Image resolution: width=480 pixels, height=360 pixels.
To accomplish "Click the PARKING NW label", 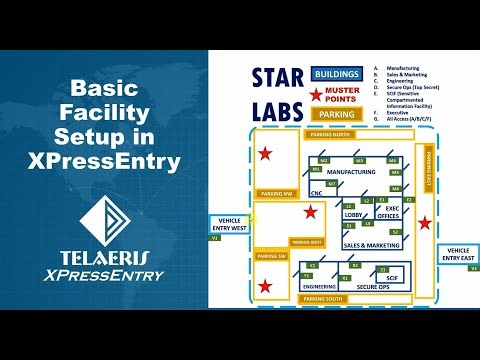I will coord(275,193).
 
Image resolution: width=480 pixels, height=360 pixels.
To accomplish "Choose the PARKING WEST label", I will coord(306,242).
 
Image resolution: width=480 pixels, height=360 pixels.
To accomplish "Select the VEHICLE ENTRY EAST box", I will coord(459,253).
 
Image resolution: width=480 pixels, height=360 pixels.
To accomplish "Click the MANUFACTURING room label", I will coord(351,172).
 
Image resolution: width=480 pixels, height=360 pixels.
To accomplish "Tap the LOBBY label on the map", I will coord(352,214).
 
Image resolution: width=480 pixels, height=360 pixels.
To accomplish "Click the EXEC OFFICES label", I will coord(392,212).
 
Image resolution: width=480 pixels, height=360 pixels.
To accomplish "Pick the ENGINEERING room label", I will coord(320,285).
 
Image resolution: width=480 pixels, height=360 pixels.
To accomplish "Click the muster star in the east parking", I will coord(426,222).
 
